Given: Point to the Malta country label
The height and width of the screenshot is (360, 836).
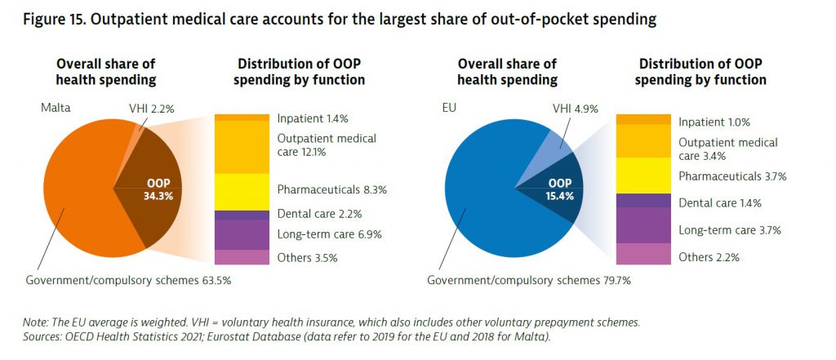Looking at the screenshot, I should point(58,108).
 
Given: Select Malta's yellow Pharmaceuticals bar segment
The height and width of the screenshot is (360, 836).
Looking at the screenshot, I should point(242,191).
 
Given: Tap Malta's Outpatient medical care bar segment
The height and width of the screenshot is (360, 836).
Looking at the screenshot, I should point(242,147).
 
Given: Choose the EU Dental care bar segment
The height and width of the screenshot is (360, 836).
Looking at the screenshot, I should point(643,200).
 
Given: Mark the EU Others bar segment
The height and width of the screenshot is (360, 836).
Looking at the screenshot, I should point(643,254).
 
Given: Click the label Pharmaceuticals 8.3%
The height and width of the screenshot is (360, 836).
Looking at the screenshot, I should point(331,189).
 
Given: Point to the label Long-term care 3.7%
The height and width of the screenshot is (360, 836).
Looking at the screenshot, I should point(730,230).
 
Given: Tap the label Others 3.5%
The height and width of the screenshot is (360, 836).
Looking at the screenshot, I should point(307,258).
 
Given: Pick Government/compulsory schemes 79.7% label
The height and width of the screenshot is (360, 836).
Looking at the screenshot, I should point(528,281).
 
